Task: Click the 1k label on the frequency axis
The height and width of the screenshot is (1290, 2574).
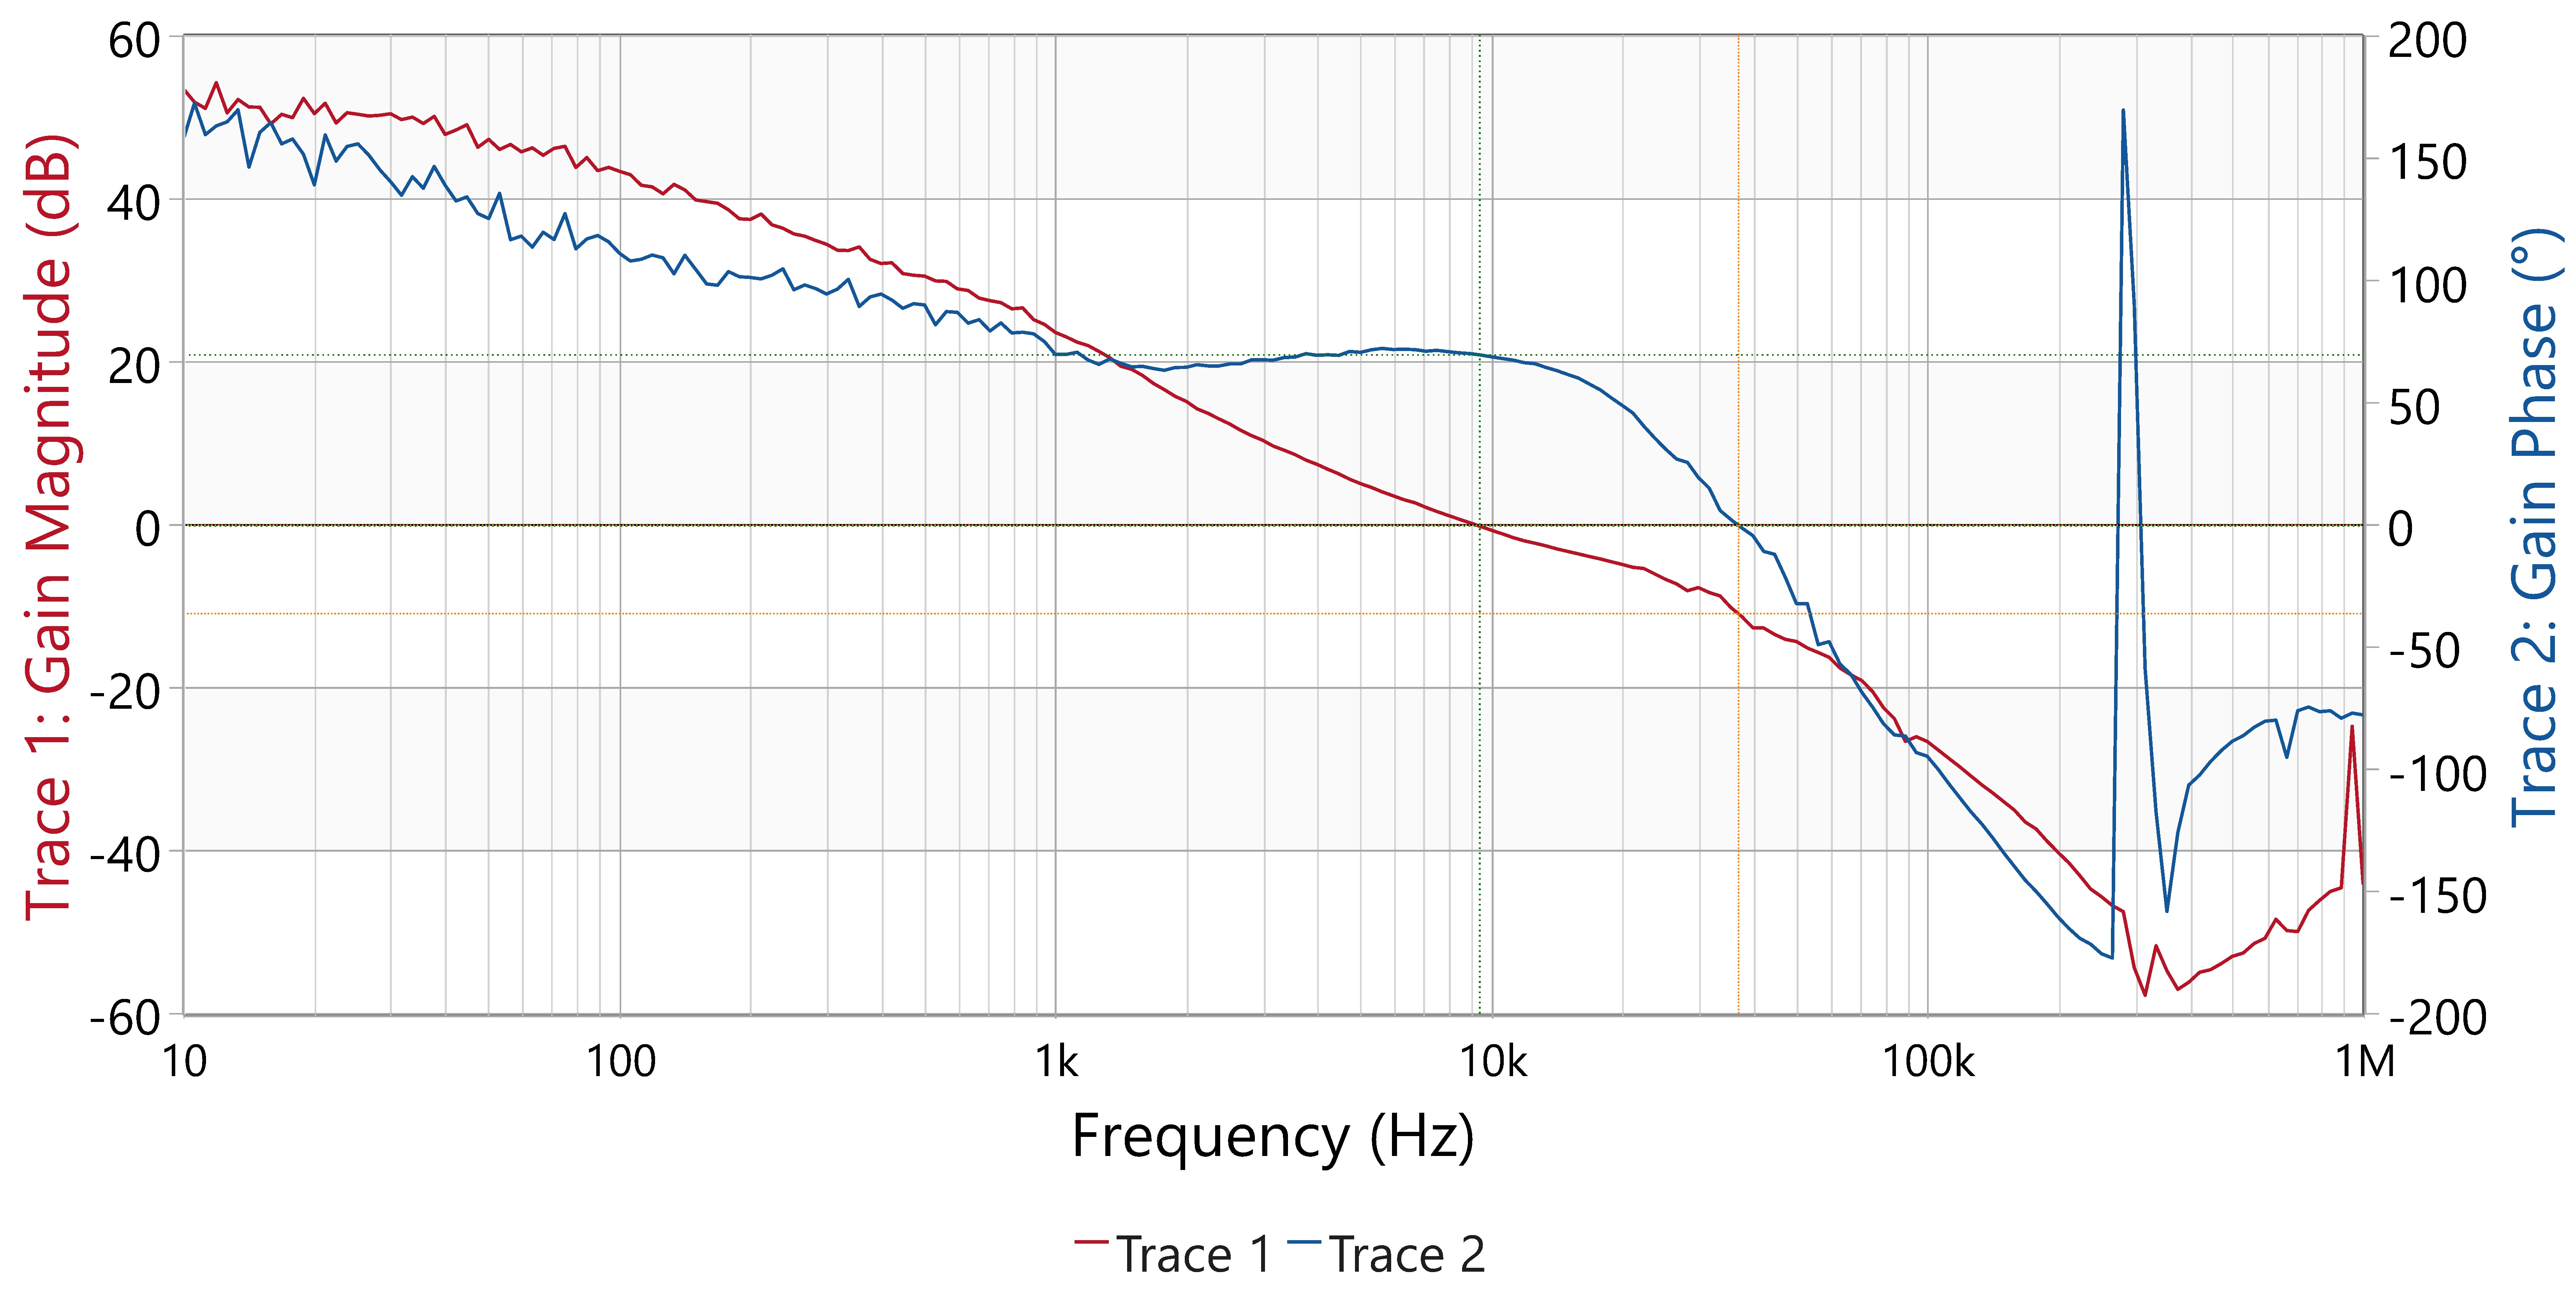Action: click(x=1056, y=1061)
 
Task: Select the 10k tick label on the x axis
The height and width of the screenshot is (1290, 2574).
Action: click(x=1493, y=1061)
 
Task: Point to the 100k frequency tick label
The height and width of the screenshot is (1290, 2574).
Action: click(x=1927, y=1061)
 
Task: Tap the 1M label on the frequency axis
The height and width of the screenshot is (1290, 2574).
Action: click(x=2364, y=1061)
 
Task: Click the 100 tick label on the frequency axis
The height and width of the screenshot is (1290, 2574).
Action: click(x=620, y=1061)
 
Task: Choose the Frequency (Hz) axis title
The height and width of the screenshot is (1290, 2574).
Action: click(x=1272, y=1136)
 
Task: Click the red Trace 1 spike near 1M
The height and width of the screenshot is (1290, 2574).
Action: click(x=2351, y=727)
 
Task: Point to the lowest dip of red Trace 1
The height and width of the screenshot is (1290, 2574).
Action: click(x=2144, y=994)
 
